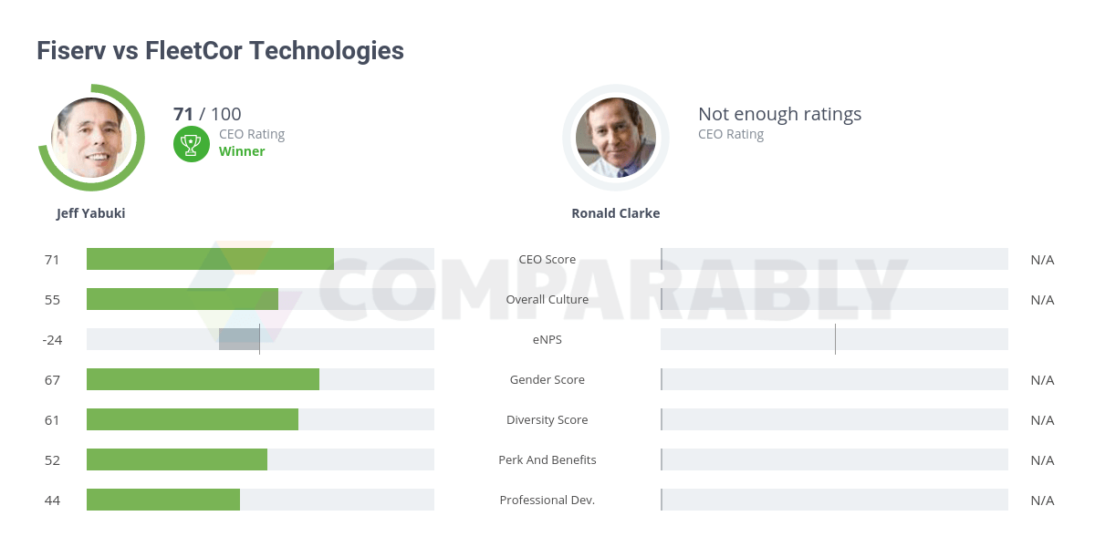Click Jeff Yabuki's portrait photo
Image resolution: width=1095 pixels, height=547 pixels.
(91, 138)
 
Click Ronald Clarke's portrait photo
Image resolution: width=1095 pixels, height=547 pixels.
(615, 138)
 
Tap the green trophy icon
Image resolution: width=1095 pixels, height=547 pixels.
(192, 143)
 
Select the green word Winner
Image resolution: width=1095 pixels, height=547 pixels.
(242, 151)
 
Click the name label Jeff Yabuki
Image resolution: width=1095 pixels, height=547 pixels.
(91, 213)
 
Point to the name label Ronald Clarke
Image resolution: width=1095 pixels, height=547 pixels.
(615, 213)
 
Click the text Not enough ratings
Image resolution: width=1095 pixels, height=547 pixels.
(779, 114)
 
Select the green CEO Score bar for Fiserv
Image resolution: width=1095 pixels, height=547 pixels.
(210, 259)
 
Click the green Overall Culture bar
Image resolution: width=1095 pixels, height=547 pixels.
(182, 299)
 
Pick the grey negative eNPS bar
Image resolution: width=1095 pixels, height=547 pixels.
(239, 339)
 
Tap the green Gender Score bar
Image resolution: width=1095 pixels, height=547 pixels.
(203, 379)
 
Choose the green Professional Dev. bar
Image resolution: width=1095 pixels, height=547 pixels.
(163, 500)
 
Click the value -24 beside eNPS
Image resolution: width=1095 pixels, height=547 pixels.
(52, 340)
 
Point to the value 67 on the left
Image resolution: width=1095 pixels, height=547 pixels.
(52, 380)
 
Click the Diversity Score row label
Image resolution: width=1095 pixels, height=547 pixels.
(547, 420)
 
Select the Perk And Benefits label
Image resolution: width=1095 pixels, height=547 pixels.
(547, 460)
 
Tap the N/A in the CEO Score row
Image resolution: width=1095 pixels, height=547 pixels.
(1042, 260)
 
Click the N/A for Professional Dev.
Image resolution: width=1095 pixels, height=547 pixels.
(1042, 501)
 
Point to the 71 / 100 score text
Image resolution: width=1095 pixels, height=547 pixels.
(207, 114)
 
